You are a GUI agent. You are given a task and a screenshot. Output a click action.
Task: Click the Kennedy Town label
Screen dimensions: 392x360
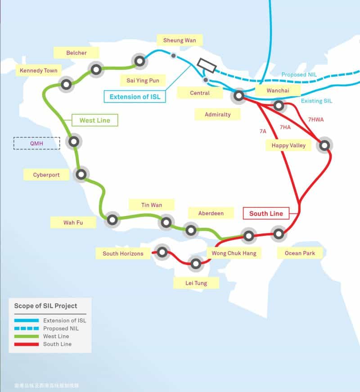pyautogui.click(x=39, y=71)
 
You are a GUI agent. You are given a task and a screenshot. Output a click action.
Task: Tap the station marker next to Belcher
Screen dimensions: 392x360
pyautogui.click(x=95, y=69)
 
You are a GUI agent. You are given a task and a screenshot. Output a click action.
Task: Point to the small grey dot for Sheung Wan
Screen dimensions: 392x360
pyautogui.click(x=173, y=56)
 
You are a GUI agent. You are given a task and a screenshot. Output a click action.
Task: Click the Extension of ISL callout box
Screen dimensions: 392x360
pyautogui.click(x=135, y=96)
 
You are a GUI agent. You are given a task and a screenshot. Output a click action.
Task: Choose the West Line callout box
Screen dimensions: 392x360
pyautogui.click(x=94, y=120)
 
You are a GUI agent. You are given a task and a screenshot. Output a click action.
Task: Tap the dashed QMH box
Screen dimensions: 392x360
pyautogui.click(x=36, y=143)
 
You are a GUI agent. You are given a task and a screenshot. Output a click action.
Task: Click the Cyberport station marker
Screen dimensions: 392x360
pyautogui.click(x=81, y=175)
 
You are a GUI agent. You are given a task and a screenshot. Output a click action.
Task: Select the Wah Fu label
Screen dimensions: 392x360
pyautogui.click(x=73, y=222)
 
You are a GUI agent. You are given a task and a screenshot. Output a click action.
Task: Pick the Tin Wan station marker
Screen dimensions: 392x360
pyautogui.click(x=166, y=222)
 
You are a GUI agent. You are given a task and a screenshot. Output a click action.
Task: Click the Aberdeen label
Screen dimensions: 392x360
pyautogui.click(x=211, y=213)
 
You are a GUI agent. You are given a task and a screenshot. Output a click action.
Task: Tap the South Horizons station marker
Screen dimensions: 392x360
pyautogui.click(x=162, y=252)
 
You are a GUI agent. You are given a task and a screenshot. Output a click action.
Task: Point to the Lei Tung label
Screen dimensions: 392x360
pyautogui.click(x=196, y=283)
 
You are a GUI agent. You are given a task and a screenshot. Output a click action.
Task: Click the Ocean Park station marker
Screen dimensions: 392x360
pyautogui.click(x=279, y=234)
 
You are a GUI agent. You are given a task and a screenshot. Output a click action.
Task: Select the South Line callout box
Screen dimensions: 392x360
pyautogui.click(x=266, y=213)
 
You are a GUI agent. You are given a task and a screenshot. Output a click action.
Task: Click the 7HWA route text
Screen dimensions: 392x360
pyautogui.click(x=315, y=120)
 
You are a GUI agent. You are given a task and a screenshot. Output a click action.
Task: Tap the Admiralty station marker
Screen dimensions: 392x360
pyautogui.click(x=238, y=96)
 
